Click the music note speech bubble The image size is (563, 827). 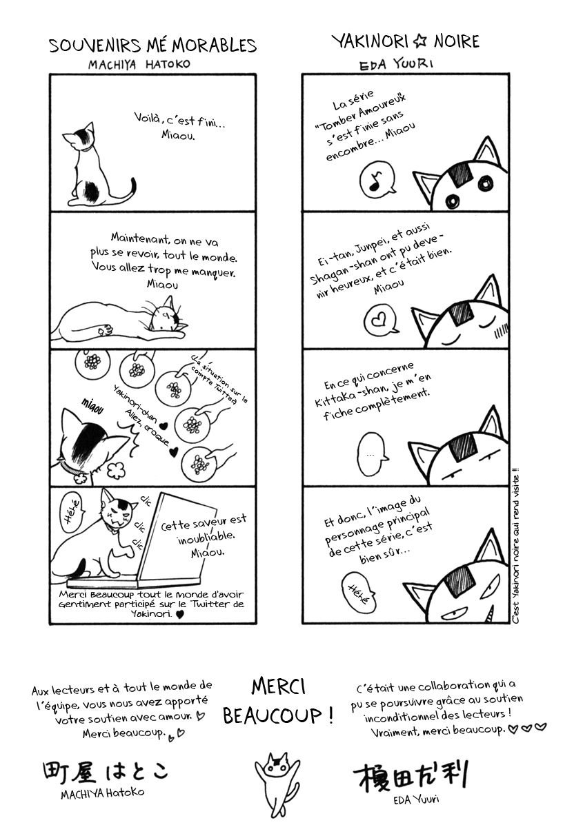(x=377, y=178)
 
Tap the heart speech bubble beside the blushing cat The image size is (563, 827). (x=381, y=320)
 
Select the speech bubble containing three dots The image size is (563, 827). (x=371, y=454)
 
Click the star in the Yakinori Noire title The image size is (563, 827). (x=420, y=42)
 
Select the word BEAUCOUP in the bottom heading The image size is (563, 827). (x=273, y=716)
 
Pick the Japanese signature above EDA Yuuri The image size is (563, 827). (x=411, y=776)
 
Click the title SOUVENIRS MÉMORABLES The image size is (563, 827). (x=152, y=45)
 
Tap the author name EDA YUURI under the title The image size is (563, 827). (x=396, y=64)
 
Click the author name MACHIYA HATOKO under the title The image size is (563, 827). (x=139, y=65)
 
